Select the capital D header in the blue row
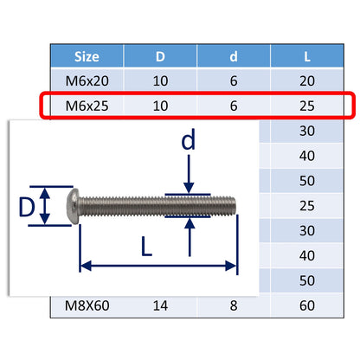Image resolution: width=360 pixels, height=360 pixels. click(x=160, y=57)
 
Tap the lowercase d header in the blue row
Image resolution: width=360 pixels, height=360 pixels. click(x=234, y=57)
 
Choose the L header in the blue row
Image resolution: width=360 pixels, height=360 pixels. click(x=309, y=57)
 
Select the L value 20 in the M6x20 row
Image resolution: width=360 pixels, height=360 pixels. click(x=309, y=80)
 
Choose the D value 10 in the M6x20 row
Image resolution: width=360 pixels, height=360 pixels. click(x=160, y=80)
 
